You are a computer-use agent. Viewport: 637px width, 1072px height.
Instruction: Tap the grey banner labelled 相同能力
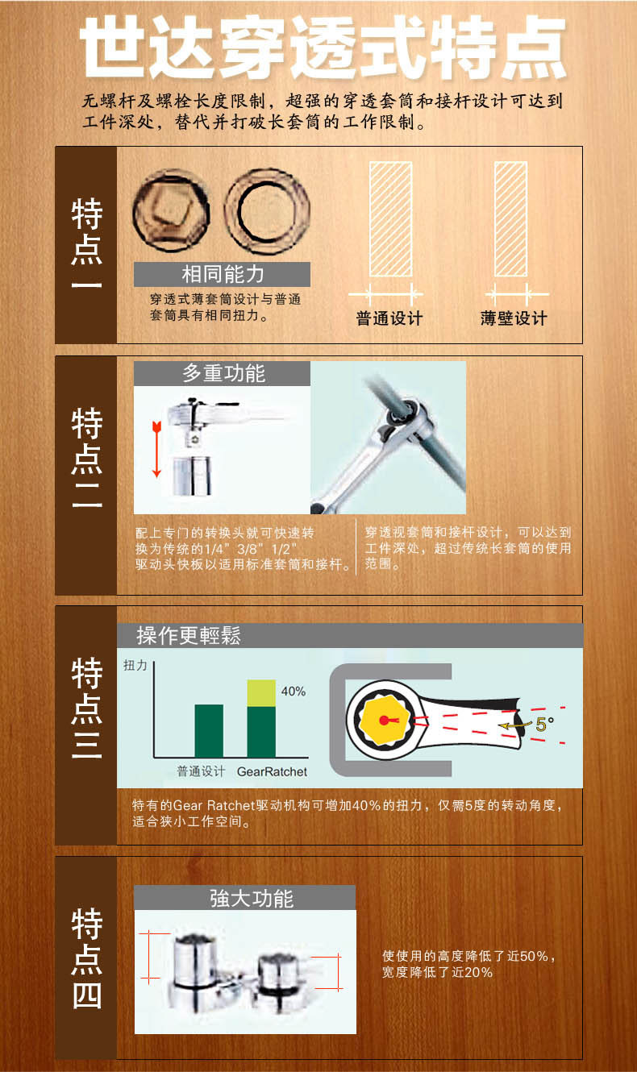click(222, 274)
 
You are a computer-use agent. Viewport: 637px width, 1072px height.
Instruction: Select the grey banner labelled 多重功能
click(222, 373)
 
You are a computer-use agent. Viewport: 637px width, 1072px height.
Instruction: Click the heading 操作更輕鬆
click(189, 635)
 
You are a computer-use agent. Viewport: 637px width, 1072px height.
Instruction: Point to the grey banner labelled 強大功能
click(244, 898)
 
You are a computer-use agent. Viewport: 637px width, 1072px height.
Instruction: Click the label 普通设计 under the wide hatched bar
click(389, 318)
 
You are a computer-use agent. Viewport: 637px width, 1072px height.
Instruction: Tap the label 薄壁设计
click(514, 318)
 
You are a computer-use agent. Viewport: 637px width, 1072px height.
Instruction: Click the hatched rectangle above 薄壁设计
click(510, 218)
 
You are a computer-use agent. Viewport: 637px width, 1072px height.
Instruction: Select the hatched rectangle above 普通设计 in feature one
click(390, 218)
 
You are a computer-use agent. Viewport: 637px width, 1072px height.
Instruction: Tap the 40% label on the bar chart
click(293, 691)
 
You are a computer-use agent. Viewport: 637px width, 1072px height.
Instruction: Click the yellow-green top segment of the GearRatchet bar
click(261, 693)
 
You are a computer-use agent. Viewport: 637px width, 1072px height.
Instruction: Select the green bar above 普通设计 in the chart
click(209, 730)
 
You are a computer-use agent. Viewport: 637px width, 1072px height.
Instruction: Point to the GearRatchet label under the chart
click(272, 771)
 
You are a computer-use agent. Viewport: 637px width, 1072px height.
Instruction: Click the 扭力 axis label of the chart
click(135, 665)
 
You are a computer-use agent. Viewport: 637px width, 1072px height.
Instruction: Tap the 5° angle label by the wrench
click(544, 724)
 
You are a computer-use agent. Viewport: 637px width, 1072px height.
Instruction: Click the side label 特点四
click(86, 958)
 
